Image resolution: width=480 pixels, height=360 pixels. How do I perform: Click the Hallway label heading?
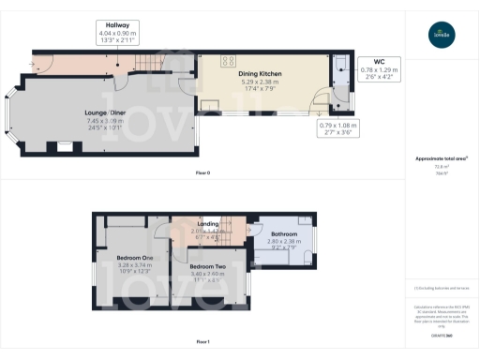[x=117, y=25]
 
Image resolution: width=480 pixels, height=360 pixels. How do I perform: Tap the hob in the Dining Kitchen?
[x=228, y=62]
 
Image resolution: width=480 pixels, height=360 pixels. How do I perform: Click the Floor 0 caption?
[x=202, y=174]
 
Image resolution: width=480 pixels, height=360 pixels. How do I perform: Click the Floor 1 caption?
[x=202, y=341]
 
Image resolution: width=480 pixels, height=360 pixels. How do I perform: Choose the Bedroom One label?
[x=122, y=257]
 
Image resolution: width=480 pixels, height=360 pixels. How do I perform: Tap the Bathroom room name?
[x=284, y=233]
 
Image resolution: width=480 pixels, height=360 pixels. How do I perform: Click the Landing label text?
[x=208, y=224]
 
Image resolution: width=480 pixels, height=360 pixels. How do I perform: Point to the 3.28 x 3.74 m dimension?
[x=123, y=265]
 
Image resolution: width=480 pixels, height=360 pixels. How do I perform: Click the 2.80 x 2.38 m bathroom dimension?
[x=284, y=242]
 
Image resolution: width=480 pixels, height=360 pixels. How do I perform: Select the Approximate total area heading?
[x=441, y=158]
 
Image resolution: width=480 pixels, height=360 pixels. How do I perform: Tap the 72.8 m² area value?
[x=440, y=167]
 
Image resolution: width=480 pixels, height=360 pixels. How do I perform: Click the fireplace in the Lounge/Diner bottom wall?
[x=64, y=146]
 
